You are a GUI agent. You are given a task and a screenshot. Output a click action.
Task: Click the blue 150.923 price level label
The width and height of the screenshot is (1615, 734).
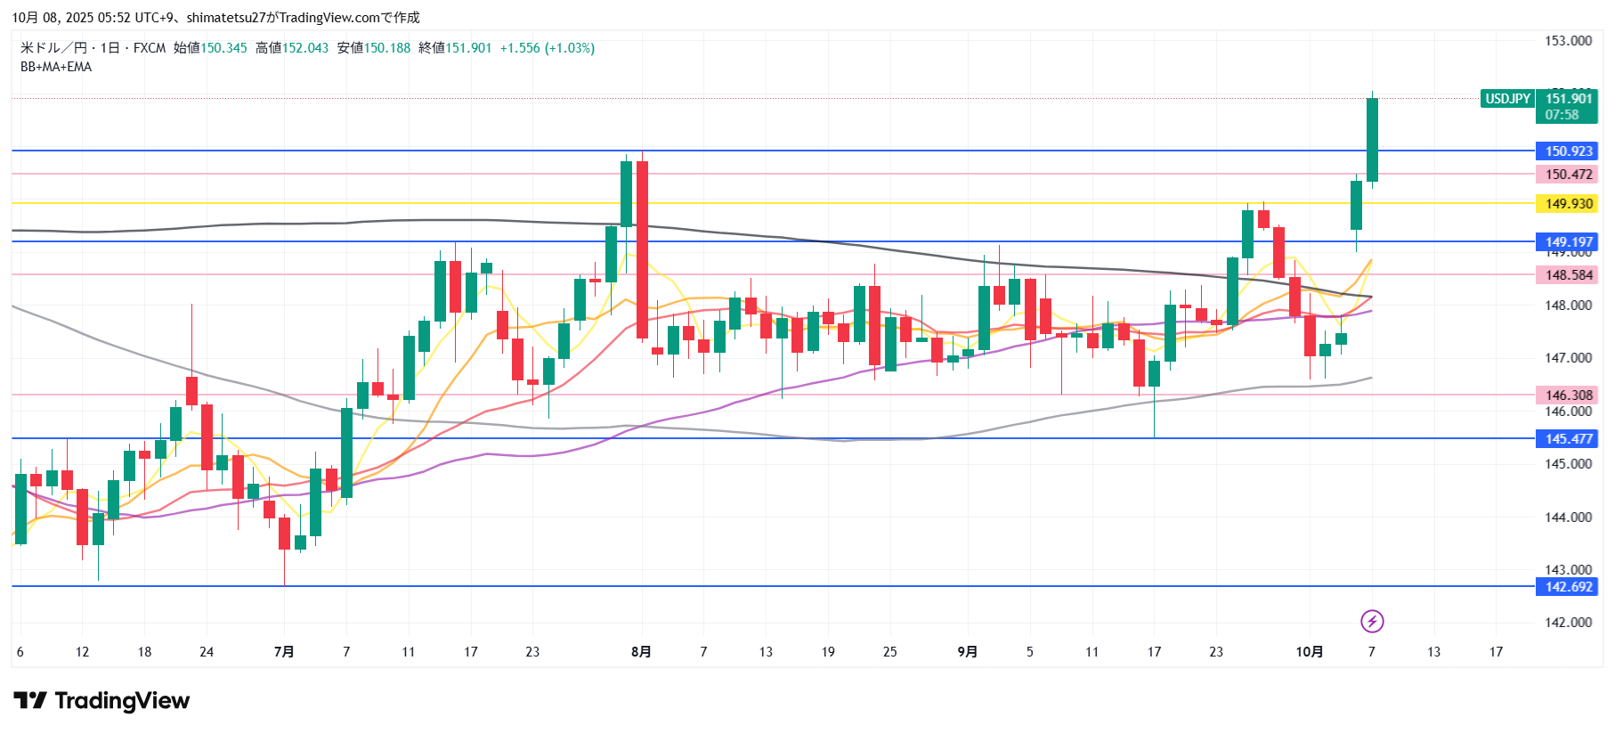pos(1568,151)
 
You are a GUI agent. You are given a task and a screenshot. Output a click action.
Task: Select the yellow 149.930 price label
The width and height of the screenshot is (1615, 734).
pos(1568,204)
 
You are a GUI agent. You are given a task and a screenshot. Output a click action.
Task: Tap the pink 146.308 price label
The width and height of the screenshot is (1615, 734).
pos(1568,396)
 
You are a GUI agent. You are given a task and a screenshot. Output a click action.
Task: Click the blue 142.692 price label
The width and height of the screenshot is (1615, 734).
pos(1568,587)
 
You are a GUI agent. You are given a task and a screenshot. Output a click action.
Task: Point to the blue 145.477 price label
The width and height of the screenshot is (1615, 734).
pos(1568,439)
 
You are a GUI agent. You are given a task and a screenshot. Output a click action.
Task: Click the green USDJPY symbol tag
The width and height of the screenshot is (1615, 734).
pos(1507,99)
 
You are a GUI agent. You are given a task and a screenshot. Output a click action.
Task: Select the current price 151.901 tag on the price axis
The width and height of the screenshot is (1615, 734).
pos(1567,106)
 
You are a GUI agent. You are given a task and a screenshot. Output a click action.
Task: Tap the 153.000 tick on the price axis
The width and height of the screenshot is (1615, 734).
pos(1568,41)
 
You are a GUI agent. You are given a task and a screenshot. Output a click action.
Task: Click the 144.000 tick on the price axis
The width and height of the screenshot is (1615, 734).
pos(1568,518)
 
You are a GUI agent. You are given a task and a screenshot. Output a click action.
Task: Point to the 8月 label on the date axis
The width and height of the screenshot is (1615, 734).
pos(641,652)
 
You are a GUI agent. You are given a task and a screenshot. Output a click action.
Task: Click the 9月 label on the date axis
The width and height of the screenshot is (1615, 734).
pos(968,652)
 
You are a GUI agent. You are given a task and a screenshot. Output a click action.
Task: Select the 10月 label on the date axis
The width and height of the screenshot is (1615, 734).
pos(1309,652)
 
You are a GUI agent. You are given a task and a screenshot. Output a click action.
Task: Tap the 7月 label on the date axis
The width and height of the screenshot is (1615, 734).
pos(284,652)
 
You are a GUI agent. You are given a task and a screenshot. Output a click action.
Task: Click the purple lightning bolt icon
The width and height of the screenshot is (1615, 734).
pos(1372,621)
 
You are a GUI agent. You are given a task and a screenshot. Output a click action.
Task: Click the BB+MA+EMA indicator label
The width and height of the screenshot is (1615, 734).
pos(56,67)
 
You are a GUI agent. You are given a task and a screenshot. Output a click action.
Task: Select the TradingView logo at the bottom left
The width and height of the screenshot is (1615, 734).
pos(101,701)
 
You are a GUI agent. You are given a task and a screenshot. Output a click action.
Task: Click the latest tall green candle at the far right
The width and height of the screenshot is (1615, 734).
pos(1372,140)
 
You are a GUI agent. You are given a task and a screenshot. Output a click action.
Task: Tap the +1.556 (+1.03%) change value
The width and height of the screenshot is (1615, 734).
pos(547,48)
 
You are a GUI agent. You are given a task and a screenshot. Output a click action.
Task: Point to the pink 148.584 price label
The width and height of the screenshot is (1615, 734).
pos(1568,275)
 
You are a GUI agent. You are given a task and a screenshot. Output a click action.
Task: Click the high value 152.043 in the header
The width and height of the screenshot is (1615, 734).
pos(305,48)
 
